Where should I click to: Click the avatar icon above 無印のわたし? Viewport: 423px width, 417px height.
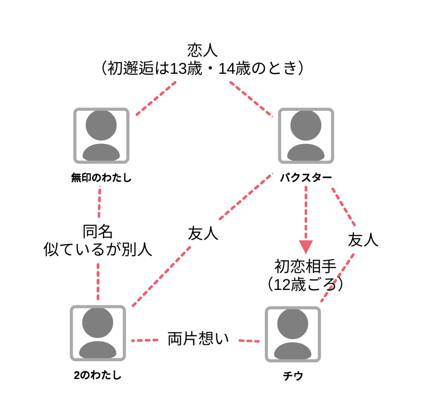pyautogui.click(x=101, y=136)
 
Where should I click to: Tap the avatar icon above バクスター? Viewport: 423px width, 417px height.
pyautogui.click(x=306, y=136)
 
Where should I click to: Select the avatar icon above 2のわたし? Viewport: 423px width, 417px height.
pyautogui.click(x=98, y=333)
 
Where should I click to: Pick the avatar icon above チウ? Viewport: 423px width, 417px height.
pyautogui.click(x=293, y=334)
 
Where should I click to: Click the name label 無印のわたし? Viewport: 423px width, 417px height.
pyautogui.click(x=101, y=178)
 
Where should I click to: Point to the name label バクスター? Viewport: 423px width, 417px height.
pyautogui.click(x=306, y=178)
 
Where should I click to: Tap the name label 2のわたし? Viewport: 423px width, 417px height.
pyautogui.click(x=98, y=375)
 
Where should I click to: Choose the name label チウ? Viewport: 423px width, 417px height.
pyautogui.click(x=293, y=376)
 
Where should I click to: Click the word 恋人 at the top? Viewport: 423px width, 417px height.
pyautogui.click(x=202, y=50)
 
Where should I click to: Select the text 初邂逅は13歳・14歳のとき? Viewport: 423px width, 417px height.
pyautogui.click(x=202, y=68)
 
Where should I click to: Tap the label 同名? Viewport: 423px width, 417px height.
pyautogui.click(x=98, y=232)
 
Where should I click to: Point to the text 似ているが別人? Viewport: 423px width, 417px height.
pyautogui.click(x=98, y=249)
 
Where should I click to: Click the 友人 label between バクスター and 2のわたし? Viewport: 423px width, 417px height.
pyautogui.click(x=203, y=234)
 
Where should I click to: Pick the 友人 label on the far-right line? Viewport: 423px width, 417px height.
pyautogui.click(x=363, y=240)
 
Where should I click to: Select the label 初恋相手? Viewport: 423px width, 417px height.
pyautogui.click(x=305, y=267)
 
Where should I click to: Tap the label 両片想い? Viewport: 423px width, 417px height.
pyautogui.click(x=198, y=339)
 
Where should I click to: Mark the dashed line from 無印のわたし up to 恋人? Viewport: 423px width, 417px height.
pyautogui.click(x=156, y=98)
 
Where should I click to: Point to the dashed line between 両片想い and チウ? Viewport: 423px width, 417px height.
pyautogui.click(x=249, y=341)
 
